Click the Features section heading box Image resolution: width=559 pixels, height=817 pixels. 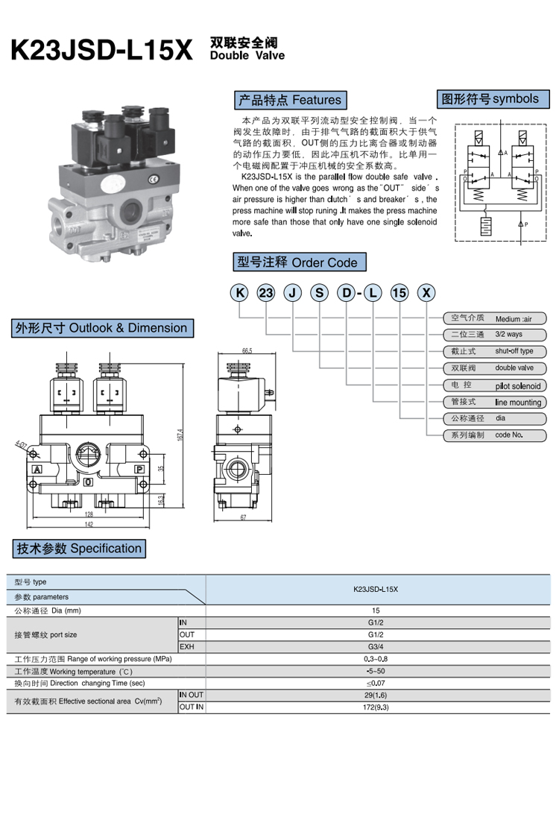289,100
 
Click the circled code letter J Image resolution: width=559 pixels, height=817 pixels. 292,293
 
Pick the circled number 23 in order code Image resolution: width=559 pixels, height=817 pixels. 265,293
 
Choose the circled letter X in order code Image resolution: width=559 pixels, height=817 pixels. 426,293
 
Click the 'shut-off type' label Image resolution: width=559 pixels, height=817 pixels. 514,351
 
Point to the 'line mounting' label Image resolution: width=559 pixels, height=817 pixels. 518,403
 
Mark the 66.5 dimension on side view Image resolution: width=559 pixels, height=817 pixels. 247,350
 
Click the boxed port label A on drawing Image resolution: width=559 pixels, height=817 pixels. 36,470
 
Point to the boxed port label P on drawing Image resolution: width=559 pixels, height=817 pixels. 138,470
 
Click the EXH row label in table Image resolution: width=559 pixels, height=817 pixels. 187,646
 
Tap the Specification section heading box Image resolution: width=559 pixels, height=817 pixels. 79,549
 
